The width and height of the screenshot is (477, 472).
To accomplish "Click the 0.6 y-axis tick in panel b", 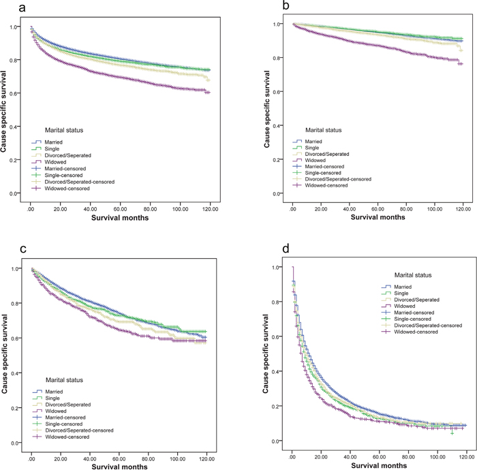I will pyautogui.click(x=279, y=92).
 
